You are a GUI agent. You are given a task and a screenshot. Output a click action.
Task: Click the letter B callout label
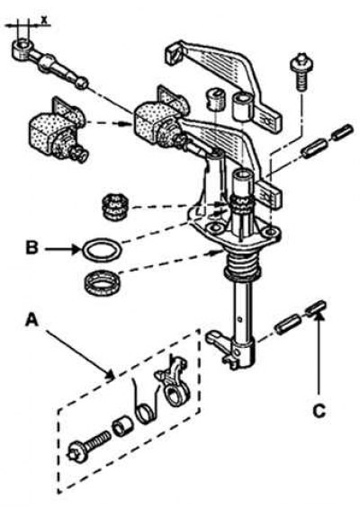[31, 248]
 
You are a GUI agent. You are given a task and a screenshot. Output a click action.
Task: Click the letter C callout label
[319, 411]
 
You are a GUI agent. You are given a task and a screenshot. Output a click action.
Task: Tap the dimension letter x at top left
[44, 20]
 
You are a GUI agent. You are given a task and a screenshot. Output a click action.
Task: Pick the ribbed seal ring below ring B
[101, 282]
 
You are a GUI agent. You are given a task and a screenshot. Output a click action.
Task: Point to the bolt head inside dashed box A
[78, 452]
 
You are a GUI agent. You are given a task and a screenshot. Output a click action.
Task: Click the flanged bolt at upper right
[301, 71]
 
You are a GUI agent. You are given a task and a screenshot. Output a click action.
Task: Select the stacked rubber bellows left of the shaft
[114, 207]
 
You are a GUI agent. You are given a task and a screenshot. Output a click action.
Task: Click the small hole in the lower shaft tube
[239, 320]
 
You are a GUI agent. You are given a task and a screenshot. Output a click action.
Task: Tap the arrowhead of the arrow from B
[77, 249]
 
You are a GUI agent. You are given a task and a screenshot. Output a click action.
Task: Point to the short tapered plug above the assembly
[215, 100]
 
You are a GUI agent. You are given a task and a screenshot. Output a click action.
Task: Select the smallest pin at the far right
[343, 132]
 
